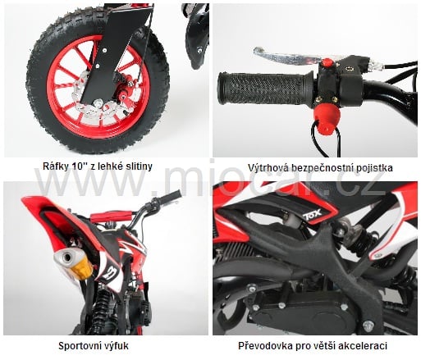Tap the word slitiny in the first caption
click(x=138, y=166)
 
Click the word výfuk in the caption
click(x=115, y=346)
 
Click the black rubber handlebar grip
click(x=265, y=89)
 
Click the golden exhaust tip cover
click(x=81, y=268)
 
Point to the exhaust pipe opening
click(x=66, y=257)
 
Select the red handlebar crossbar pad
click(x=112, y=216)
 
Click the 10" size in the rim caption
click(x=80, y=166)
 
